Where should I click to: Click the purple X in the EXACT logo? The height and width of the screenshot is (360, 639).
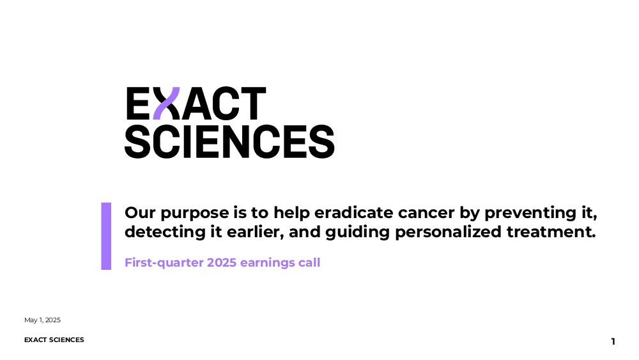click(x=166, y=103)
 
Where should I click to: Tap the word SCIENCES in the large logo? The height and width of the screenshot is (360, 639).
click(x=229, y=141)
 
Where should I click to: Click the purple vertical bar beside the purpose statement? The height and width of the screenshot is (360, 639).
click(x=106, y=236)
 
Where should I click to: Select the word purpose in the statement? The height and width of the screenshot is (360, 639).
click(x=195, y=213)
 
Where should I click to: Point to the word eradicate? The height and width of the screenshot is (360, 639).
click(x=354, y=212)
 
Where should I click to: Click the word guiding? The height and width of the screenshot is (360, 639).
click(x=357, y=232)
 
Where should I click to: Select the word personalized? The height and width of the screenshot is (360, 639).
click(x=449, y=232)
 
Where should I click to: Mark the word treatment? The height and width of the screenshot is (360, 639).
click(x=551, y=232)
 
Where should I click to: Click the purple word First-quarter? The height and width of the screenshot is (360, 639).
click(x=164, y=263)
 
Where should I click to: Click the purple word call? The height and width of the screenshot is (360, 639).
click(x=309, y=263)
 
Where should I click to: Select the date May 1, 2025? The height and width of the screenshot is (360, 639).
click(x=42, y=320)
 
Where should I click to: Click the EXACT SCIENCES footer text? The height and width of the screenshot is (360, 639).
click(x=54, y=340)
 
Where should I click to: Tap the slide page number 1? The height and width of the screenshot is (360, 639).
click(x=613, y=341)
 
